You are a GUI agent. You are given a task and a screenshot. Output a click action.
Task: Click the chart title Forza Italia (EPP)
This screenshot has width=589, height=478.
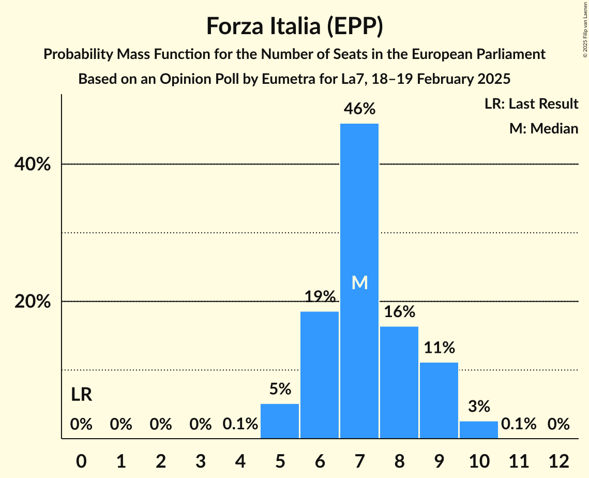click(294, 26)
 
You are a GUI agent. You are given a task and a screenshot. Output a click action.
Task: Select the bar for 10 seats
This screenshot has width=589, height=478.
click(479, 429)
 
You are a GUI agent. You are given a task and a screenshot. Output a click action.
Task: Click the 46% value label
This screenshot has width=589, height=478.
click(360, 109)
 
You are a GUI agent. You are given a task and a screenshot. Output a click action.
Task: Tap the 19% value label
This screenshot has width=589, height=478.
click(320, 297)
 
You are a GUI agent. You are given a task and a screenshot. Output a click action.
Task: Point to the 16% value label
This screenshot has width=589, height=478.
click(399, 312)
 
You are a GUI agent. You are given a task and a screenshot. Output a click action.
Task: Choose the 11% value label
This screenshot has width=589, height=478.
click(439, 348)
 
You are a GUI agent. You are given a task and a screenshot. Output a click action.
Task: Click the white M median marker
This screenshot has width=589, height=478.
click(359, 282)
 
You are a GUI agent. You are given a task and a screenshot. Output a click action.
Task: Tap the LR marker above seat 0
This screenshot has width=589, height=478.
click(81, 395)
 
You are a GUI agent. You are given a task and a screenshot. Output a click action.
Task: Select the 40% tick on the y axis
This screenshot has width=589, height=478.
click(32, 165)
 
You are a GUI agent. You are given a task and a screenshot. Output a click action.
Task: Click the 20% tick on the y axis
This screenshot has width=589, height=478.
click(32, 302)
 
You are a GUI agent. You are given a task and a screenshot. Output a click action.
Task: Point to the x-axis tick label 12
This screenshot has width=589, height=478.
click(558, 460)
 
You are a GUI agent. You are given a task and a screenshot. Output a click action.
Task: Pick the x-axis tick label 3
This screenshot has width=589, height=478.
click(200, 460)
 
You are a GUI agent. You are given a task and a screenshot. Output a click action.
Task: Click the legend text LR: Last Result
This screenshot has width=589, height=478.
click(531, 104)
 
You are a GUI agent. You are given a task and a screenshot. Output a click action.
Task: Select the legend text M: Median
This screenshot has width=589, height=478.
click(543, 128)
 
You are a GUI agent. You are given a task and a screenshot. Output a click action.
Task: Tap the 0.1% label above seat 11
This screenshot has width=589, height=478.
click(519, 424)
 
